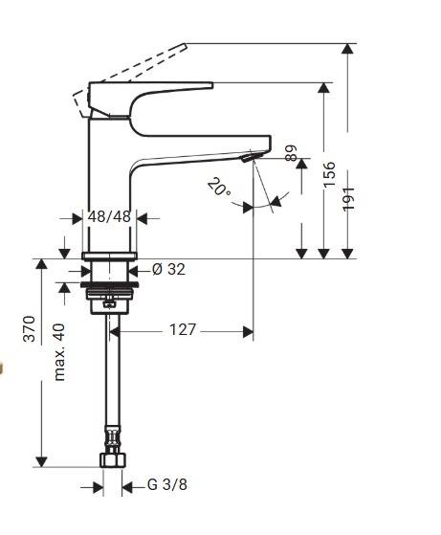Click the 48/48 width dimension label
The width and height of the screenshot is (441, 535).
[x=108, y=216]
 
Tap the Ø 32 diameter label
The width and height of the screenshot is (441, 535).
[x=168, y=270]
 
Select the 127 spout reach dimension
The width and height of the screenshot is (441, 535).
[x=183, y=329]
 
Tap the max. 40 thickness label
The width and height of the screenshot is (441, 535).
[x=58, y=351]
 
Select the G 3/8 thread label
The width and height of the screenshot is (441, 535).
[x=167, y=485]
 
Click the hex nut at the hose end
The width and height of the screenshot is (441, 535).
[x=111, y=457]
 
